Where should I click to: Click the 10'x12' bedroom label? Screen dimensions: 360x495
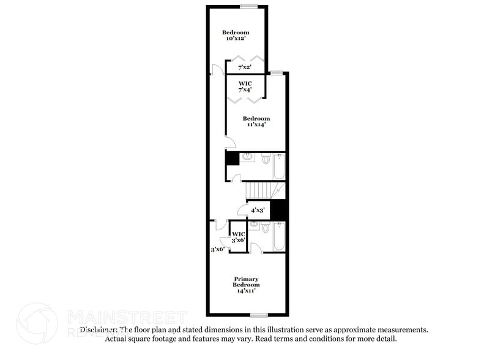[x=236, y=36]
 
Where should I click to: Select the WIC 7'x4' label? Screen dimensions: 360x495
[x=245, y=86]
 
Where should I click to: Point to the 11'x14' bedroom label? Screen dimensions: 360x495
[x=256, y=121]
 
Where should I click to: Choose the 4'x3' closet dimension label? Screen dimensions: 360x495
[x=258, y=209]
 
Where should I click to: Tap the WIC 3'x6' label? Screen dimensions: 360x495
[x=238, y=238]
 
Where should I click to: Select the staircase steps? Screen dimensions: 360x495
[x=259, y=190]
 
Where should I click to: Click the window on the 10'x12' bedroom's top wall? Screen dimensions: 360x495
[x=248, y=7]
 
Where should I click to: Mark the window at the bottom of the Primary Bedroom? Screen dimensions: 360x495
[x=259, y=315]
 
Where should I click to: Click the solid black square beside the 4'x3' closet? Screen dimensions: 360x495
[x=278, y=210]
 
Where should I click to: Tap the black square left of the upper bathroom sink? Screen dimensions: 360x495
[x=232, y=159]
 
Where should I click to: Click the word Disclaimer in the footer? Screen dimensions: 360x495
[x=99, y=329]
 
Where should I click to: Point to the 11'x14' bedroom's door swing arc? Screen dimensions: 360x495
[x=230, y=144]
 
